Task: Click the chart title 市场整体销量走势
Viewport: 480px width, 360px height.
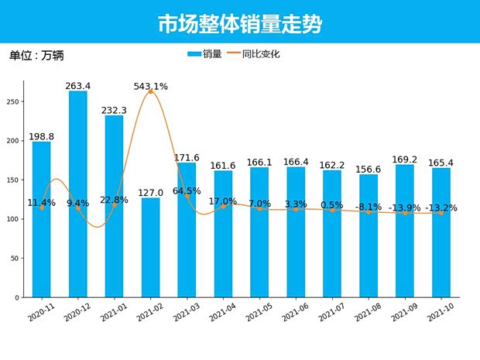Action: [x=239, y=23]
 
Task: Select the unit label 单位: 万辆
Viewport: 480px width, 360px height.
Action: [x=36, y=56]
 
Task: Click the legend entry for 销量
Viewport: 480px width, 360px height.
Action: [x=204, y=54]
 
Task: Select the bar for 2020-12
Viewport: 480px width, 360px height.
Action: [x=78, y=194]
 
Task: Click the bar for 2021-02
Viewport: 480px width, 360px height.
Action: [x=150, y=248]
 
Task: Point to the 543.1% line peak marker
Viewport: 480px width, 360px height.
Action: [x=150, y=91]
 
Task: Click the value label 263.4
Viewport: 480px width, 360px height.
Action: [x=78, y=86]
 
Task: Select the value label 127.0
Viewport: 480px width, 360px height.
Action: [x=150, y=193]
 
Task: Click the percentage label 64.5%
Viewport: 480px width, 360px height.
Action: [x=187, y=190]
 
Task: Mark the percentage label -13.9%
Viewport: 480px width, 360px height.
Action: [x=405, y=208]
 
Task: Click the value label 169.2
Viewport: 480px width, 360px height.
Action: [x=405, y=159]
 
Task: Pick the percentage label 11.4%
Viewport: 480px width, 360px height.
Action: [x=41, y=203]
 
